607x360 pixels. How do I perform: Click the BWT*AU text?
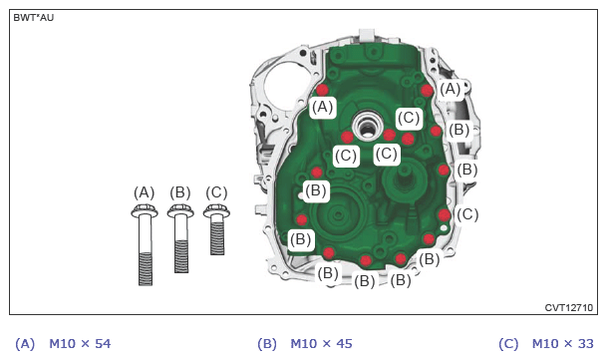point(34,18)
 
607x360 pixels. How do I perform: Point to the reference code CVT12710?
point(569,308)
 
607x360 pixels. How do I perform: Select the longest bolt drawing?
point(145,245)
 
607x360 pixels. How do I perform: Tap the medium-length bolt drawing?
point(180,239)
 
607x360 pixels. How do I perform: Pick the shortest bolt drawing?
point(217,229)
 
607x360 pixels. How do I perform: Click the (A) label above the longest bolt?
point(144,192)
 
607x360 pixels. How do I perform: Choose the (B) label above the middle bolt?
point(180,192)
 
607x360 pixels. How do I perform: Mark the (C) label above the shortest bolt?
point(216,192)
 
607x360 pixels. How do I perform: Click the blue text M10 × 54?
point(80,344)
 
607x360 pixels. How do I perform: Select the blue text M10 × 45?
point(321,344)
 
